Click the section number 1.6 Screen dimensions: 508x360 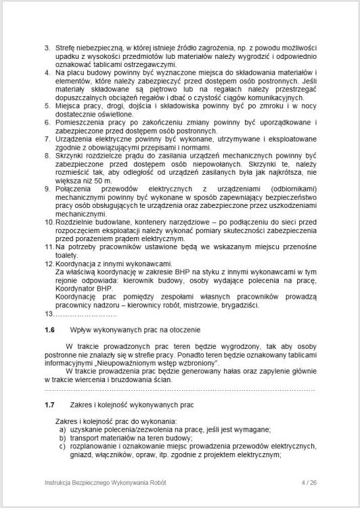(x=48, y=329)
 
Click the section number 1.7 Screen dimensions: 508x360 (x=48, y=404)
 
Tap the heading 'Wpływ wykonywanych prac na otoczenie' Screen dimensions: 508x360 (x=135, y=329)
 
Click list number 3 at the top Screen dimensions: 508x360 (x=47, y=48)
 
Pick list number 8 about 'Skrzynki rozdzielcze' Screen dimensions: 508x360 (x=47, y=155)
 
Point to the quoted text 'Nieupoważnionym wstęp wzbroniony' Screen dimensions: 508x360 (x=156, y=364)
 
